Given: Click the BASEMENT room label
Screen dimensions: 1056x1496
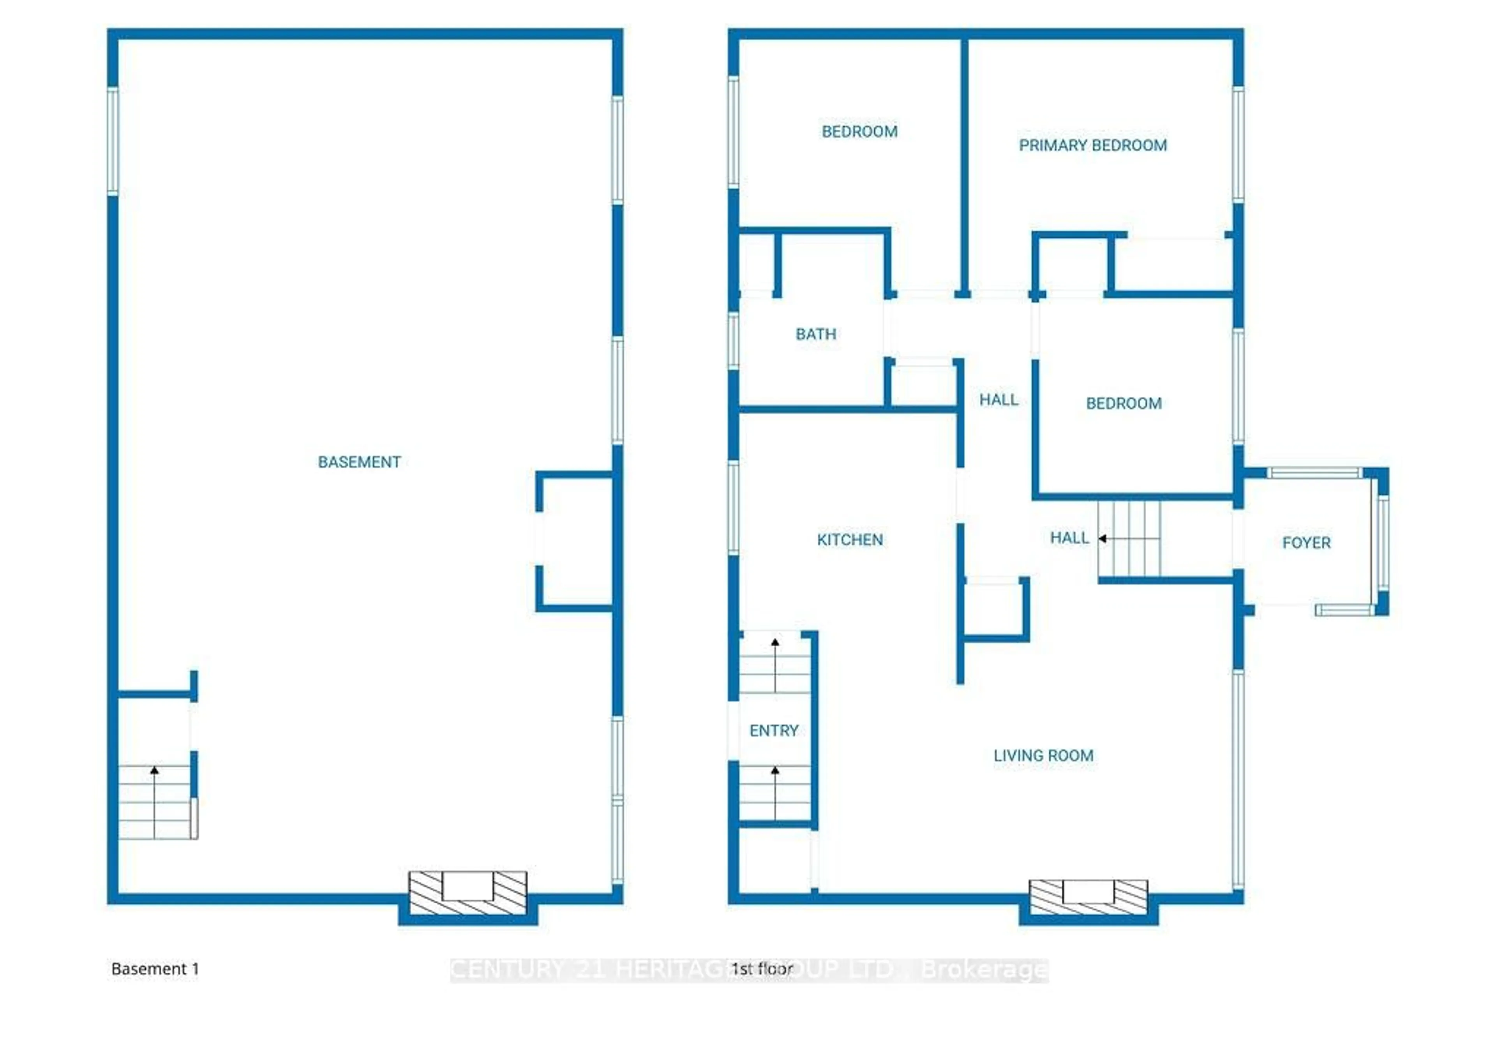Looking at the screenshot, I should (x=359, y=462).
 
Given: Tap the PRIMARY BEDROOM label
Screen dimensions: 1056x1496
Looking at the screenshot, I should (x=1093, y=145).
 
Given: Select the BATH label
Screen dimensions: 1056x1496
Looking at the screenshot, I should (x=816, y=334).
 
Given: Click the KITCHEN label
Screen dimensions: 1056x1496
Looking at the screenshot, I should (x=850, y=539).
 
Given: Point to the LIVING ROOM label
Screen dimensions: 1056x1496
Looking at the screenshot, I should (x=1043, y=756).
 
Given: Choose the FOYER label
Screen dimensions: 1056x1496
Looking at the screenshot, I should (x=1306, y=543).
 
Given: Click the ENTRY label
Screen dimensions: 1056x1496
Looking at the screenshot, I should (x=773, y=730).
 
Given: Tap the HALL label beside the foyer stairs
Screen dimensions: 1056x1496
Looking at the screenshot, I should (x=1069, y=538).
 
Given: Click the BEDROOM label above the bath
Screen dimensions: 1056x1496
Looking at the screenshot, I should (x=859, y=132).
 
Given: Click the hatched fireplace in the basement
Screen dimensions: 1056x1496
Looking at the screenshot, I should (x=467, y=892).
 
